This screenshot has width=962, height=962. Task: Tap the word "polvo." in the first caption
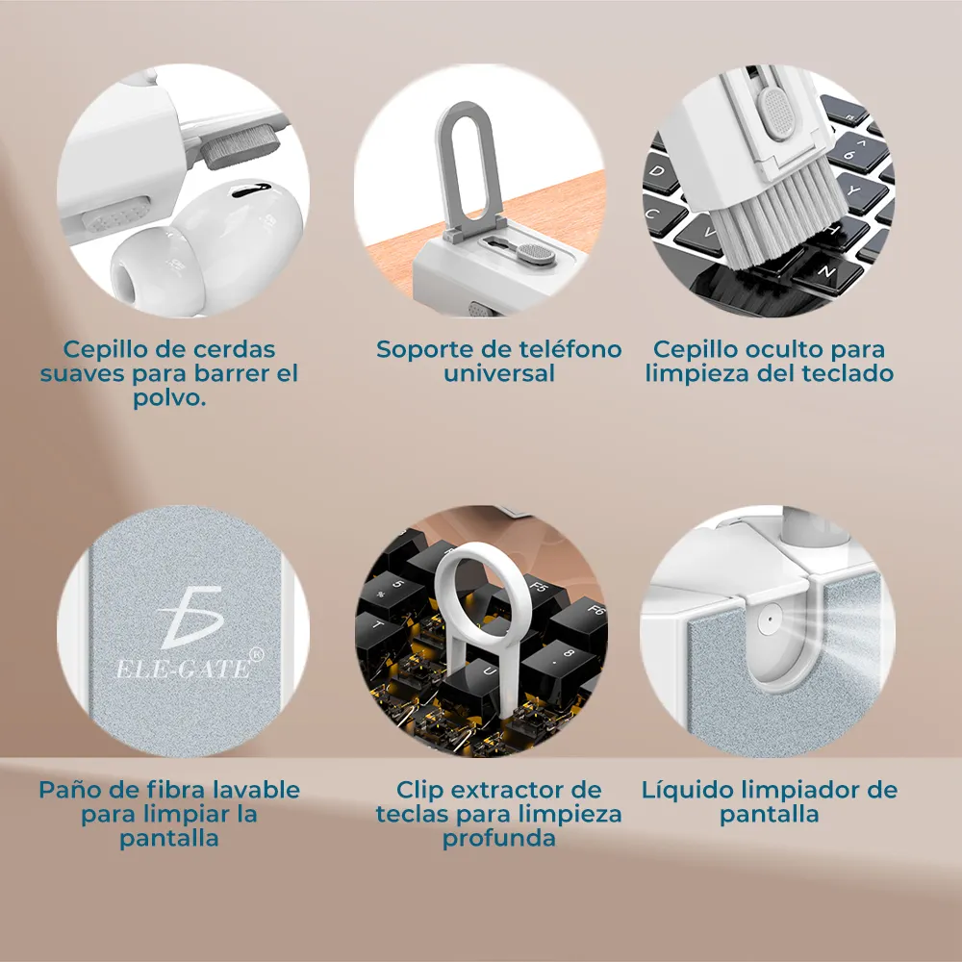pyautogui.click(x=169, y=398)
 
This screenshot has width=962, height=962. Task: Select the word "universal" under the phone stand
pyautogui.click(x=498, y=373)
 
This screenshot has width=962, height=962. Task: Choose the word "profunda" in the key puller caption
pyautogui.click(x=498, y=839)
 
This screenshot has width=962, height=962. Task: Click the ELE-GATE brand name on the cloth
pyautogui.click(x=184, y=669)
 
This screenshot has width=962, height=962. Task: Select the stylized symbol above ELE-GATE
pyautogui.click(x=190, y=617)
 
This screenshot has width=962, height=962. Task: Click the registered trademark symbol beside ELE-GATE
pyautogui.click(x=257, y=654)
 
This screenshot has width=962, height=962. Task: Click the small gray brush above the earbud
pyautogui.click(x=240, y=146)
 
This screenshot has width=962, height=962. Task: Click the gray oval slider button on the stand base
pyautogui.click(x=536, y=254)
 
